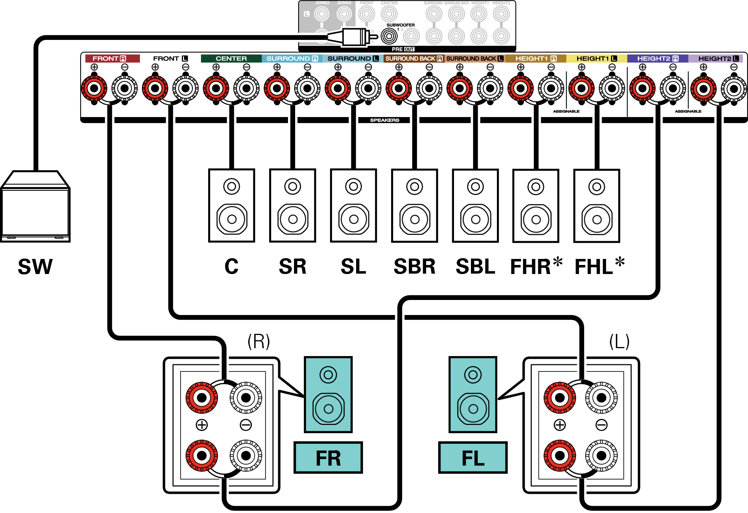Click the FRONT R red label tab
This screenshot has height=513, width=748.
coord(112,58)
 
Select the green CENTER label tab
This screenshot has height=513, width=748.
coord(231,58)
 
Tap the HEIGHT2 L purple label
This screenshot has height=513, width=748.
coord(714,58)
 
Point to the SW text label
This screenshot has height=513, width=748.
coord(35,266)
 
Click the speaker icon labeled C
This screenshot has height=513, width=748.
coord(232,206)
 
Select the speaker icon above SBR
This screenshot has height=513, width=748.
coord(414,206)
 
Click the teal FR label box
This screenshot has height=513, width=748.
coord(328,458)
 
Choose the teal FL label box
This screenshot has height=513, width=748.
coord(473,458)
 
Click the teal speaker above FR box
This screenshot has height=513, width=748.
coord(328,394)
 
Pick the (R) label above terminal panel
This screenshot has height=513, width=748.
coord(259,341)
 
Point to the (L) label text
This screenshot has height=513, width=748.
coord(619,341)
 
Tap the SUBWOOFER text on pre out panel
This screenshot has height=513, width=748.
coord(401,25)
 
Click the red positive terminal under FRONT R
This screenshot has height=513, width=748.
coord(94,88)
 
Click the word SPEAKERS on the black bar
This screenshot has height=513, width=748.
coord(384,120)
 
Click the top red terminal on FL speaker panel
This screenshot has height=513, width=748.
coord(560,397)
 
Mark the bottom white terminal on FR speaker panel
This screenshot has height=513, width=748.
coord(246,456)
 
